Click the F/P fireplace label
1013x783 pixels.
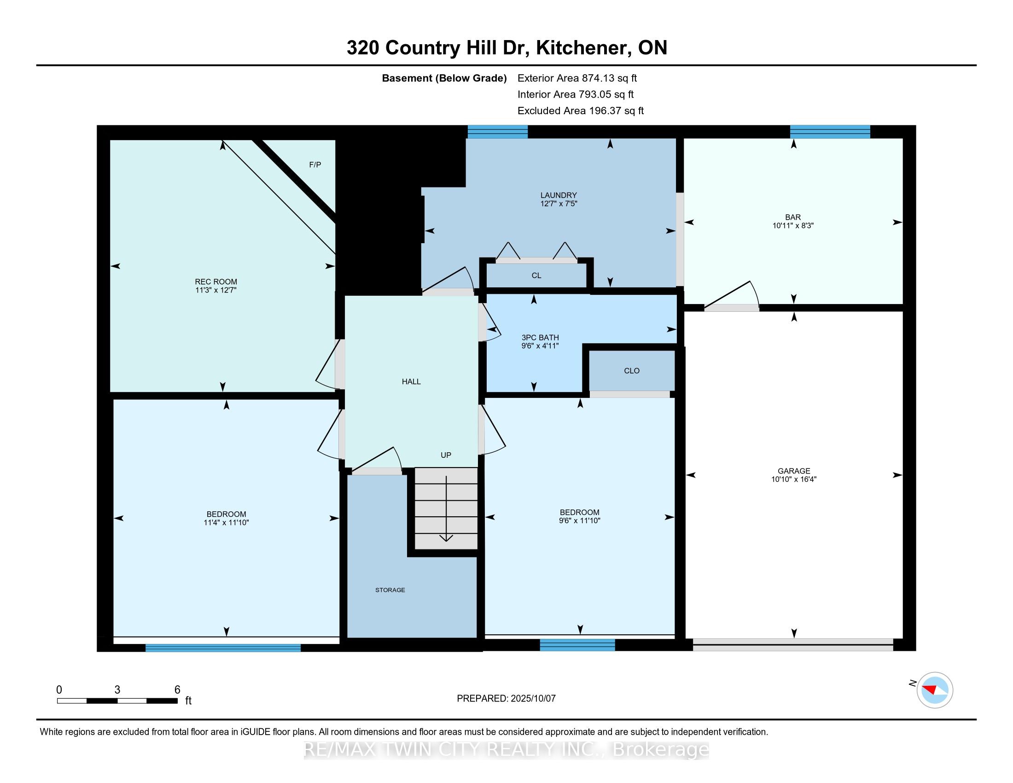click(315, 165)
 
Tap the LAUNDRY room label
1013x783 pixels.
click(559, 195)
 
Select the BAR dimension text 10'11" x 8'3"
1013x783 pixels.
click(793, 226)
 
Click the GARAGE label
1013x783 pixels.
click(794, 471)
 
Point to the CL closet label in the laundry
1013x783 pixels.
click(536, 275)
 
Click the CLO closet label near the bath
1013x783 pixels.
click(631, 371)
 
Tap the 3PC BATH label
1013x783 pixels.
click(540, 338)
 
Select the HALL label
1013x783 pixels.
click(411, 382)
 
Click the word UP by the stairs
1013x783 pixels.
click(446, 455)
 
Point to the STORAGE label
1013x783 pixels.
click(390, 590)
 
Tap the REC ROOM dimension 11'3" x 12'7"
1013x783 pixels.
click(215, 290)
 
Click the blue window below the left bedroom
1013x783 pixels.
click(223, 648)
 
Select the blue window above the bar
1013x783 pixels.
click(830, 132)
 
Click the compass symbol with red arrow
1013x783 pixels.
click(935, 690)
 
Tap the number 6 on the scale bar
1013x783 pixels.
click(177, 690)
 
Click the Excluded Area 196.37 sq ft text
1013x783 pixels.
click(580, 111)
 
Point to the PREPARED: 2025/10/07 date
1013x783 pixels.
click(506, 699)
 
